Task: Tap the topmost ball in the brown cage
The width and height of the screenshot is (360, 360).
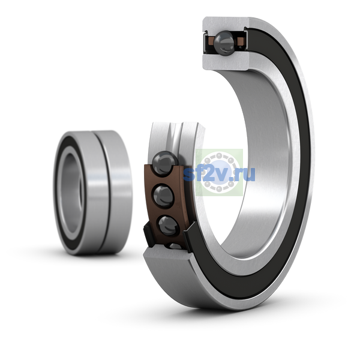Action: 164,163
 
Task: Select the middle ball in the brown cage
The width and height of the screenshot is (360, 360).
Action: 163,197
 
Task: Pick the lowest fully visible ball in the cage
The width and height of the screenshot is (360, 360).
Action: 169,226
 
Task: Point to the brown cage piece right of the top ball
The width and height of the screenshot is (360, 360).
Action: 240,41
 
